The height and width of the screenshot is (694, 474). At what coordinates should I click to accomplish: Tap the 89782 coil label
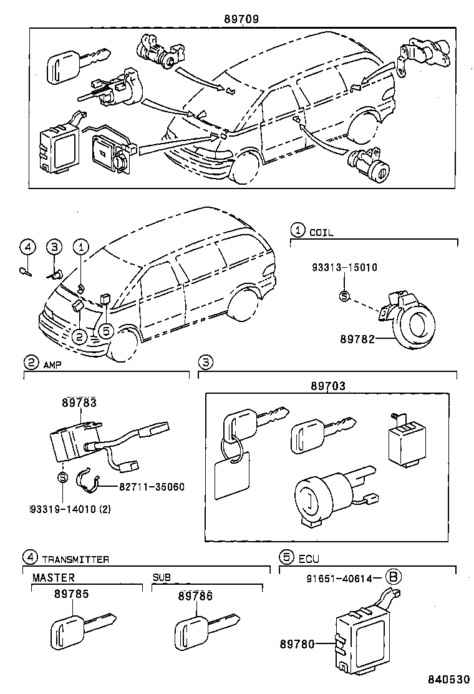[x=357, y=339]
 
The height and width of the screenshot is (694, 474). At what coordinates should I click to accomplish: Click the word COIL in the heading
[x=321, y=233]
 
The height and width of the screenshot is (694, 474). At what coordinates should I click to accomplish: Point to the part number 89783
[x=79, y=404]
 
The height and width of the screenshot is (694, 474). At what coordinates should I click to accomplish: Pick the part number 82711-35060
[x=152, y=486]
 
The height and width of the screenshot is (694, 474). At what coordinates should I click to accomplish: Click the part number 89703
[x=328, y=387]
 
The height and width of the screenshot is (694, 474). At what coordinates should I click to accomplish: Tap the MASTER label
[x=54, y=578]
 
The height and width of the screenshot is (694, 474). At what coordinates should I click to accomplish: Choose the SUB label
[x=162, y=578]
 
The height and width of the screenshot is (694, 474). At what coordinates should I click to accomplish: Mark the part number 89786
[x=196, y=596]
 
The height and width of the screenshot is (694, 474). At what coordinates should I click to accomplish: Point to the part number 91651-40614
[x=339, y=579]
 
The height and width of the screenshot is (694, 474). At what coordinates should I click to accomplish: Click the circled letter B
[x=392, y=578]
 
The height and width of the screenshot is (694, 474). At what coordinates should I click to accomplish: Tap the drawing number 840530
[x=447, y=679]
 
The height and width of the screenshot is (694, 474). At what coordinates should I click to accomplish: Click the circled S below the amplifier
[x=62, y=477]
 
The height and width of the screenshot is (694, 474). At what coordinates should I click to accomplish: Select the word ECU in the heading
[x=309, y=559]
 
